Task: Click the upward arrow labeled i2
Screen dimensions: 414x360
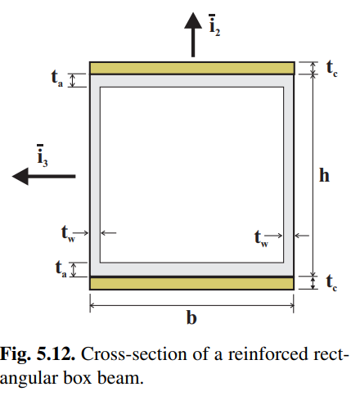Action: tap(192, 37)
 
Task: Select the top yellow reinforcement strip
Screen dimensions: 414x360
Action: tap(191, 67)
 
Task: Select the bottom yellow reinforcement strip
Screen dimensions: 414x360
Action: tap(191, 283)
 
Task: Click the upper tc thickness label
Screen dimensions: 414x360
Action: tap(331, 69)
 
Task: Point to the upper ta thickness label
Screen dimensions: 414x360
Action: tap(56, 79)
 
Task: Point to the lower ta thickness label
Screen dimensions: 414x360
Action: tap(56, 268)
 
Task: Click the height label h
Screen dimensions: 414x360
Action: tap(325, 175)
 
